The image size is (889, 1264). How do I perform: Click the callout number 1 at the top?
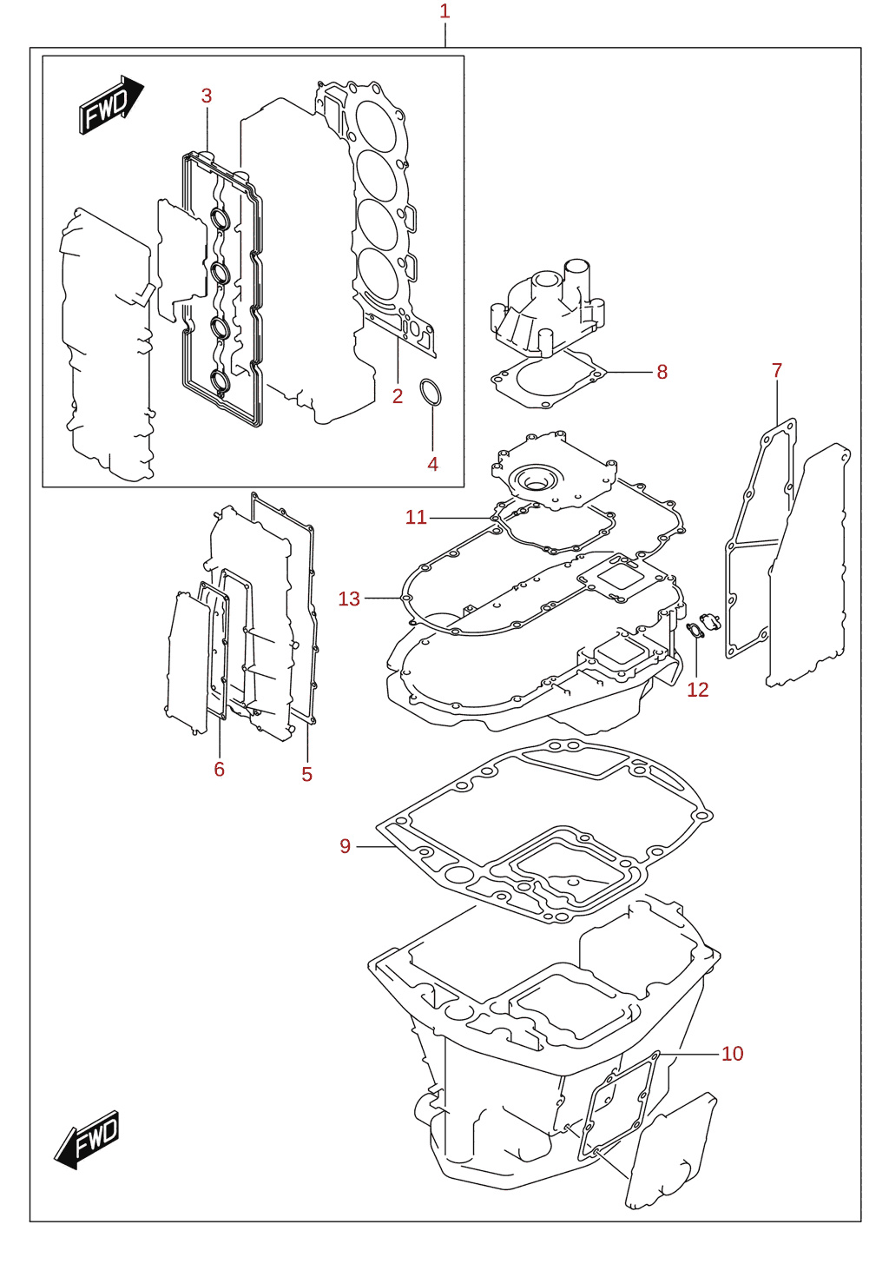[444, 11]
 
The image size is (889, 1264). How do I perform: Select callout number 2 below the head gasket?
[398, 397]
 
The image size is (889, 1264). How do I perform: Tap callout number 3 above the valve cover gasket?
[207, 96]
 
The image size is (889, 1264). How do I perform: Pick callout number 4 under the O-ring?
[432, 465]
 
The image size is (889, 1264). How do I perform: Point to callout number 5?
[306, 775]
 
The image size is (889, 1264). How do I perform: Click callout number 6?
[220, 769]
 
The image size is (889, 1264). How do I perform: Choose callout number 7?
[777, 371]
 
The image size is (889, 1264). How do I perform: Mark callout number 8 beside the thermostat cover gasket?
[662, 373]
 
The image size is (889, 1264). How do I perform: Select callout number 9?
[346, 846]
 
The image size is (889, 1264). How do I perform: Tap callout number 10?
[732, 1054]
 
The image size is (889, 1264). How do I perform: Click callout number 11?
[416, 518]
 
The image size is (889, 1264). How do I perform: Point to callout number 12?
[698, 690]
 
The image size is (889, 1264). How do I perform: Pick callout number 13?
[349, 599]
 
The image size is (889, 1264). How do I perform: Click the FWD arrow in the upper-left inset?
[111, 104]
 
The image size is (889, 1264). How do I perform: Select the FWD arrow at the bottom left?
[88, 1140]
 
